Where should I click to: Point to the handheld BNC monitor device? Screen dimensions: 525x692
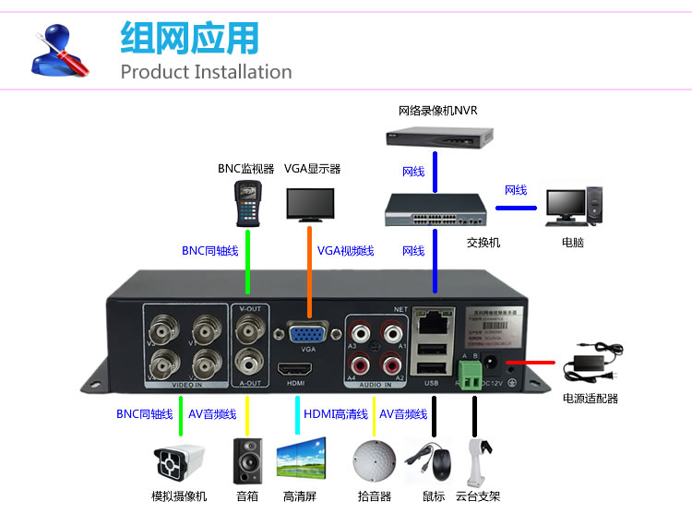[x=247, y=202]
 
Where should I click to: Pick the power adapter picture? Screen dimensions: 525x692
[x=591, y=360]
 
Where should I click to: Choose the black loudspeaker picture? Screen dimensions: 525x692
[x=247, y=459]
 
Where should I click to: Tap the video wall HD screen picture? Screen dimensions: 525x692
[x=301, y=459]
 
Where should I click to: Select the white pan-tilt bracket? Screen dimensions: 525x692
[x=476, y=459]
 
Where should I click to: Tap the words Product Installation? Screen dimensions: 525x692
[x=206, y=72]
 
